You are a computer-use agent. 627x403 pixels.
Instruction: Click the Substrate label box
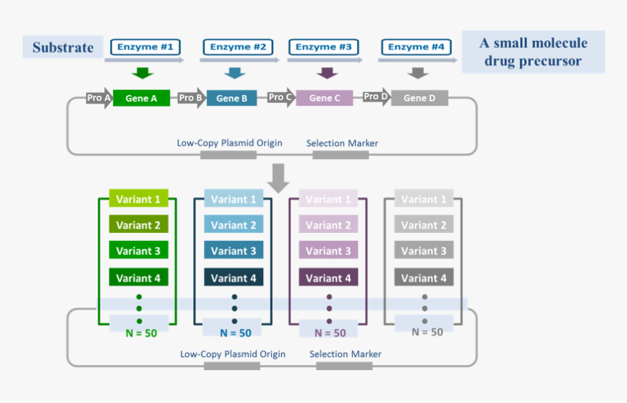pos(63,47)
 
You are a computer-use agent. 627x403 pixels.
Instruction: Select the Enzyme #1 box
pos(145,47)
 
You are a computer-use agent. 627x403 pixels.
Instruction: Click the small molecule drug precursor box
pos(533,53)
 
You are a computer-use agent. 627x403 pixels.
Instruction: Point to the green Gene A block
pos(141,98)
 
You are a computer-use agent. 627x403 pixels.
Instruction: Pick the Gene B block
pos(232,98)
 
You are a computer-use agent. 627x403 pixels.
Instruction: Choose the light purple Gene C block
pos(324,98)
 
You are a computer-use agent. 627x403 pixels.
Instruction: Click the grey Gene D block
pos(419,98)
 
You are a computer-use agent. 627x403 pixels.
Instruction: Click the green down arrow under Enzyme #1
pos(143,72)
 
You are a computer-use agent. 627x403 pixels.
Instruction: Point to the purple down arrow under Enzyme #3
pos(327,72)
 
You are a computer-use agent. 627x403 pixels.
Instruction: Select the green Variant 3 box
pos(139,250)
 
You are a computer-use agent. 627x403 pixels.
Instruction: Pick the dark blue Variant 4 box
pos(233,277)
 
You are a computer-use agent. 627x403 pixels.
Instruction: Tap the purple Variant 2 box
pos(328,225)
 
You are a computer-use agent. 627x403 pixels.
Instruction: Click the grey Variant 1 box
pos(424,199)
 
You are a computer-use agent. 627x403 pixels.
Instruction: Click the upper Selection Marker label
pos(342,143)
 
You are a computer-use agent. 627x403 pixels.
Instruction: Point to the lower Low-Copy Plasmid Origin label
pos(233,354)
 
